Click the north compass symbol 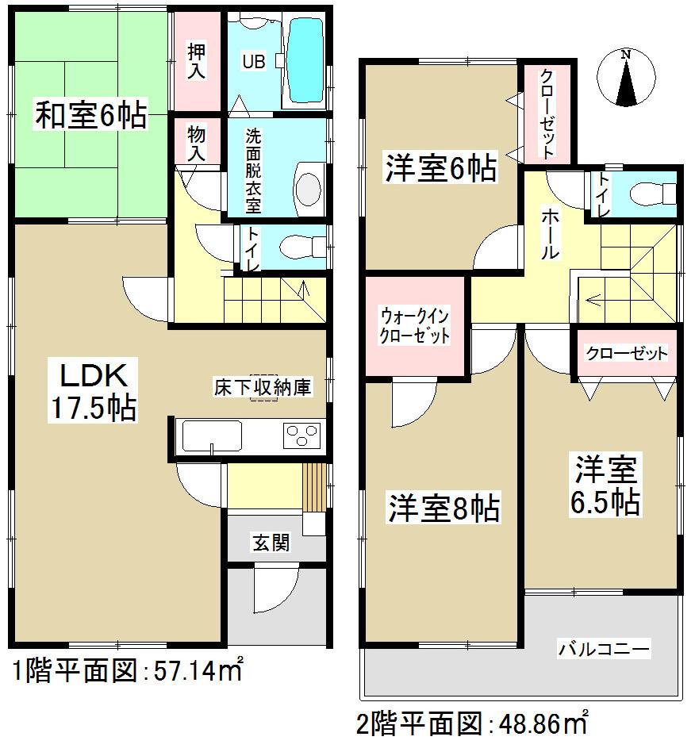[627, 78]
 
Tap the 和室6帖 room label [90, 117]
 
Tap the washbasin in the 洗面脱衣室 [305, 187]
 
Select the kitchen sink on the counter [212, 436]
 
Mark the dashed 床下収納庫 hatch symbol [263, 387]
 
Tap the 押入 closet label [196, 62]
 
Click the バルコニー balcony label [605, 650]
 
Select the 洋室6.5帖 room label [607, 485]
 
